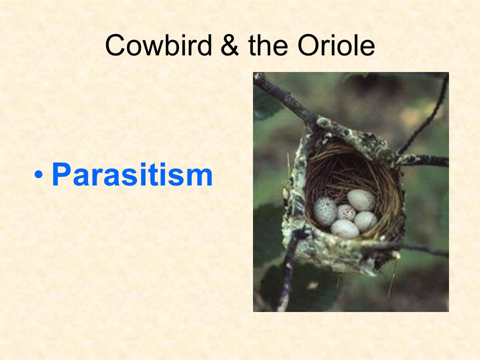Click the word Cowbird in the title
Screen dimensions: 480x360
coord(158,45)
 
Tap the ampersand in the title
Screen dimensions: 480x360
coord(229,45)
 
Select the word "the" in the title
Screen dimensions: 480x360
coord(268,45)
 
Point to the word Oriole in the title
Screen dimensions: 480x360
coord(336,45)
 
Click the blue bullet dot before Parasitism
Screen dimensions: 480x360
coord(39,175)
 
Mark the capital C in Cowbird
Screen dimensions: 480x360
coord(116,45)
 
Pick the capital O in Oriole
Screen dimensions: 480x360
coord(308,45)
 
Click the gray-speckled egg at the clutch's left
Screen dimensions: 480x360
coord(325,211)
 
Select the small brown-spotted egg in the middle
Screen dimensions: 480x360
coord(346,212)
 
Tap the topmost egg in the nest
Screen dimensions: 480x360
coord(361,200)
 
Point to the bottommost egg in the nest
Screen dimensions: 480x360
coord(345,229)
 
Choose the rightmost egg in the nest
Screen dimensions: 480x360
coord(365,221)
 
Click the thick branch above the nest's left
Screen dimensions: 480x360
coord(284,98)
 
